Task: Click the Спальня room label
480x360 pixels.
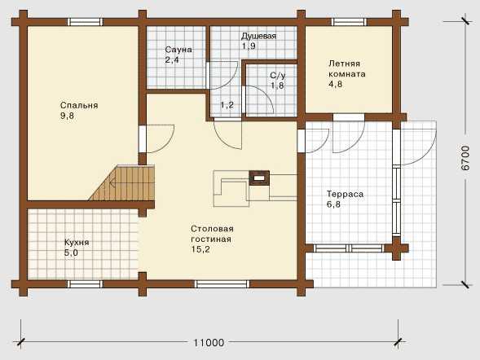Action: pyautogui.click(x=79, y=106)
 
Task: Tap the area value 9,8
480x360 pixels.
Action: pyautogui.click(x=68, y=116)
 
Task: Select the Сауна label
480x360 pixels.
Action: pyautogui.click(x=178, y=50)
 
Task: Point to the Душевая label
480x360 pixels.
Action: pyautogui.click(x=258, y=36)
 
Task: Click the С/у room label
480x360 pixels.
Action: pyautogui.click(x=278, y=75)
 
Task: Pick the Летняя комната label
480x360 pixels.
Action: pyautogui.click(x=347, y=68)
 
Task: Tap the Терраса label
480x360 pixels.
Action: pyautogui.click(x=345, y=194)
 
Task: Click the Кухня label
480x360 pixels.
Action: pyautogui.click(x=77, y=243)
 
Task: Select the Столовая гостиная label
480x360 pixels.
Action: pyautogui.click(x=212, y=234)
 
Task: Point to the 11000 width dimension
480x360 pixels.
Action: pyautogui.click(x=209, y=343)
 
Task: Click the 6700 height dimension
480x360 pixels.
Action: pyautogui.click(x=465, y=158)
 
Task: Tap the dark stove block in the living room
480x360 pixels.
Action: pyautogui.click(x=259, y=178)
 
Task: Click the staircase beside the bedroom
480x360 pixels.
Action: pyautogui.click(x=122, y=183)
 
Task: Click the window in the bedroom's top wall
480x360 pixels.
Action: pyautogui.click(x=85, y=22)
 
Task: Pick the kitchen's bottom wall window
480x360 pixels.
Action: pyautogui.click(x=85, y=284)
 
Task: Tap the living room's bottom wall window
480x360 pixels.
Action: pyautogui.click(x=222, y=284)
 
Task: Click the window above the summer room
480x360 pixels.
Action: pyautogui.click(x=350, y=22)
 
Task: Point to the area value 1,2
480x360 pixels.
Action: pyautogui.click(x=227, y=105)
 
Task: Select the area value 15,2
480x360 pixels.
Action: pyautogui.click(x=200, y=249)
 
